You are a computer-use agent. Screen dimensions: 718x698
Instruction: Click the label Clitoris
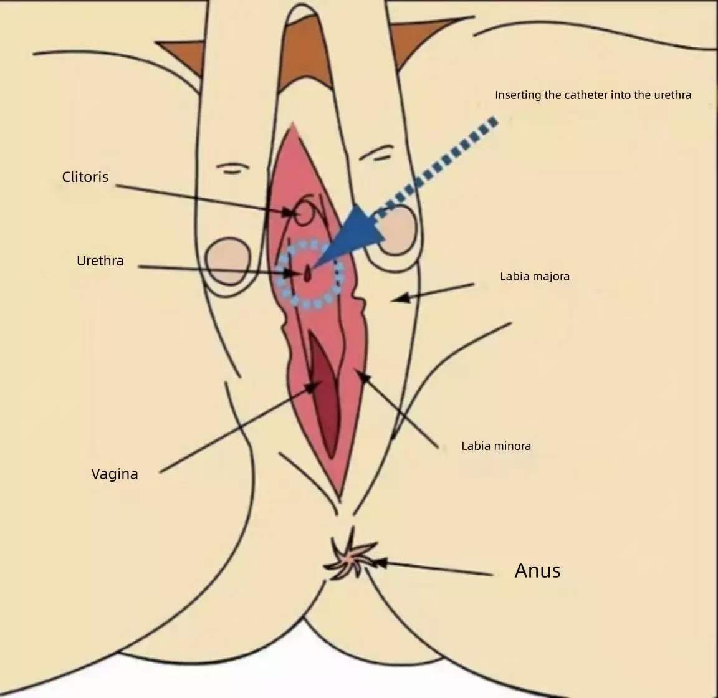[85, 177]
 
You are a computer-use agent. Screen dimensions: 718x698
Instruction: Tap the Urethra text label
[100, 261]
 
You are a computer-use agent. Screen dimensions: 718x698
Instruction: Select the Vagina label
[115, 474]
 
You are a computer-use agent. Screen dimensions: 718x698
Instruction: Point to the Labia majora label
[535, 277]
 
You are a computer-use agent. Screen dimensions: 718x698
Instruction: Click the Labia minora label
[496, 446]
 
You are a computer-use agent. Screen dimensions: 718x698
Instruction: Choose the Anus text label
[538, 571]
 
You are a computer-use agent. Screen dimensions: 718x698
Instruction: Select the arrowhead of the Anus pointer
[380, 563]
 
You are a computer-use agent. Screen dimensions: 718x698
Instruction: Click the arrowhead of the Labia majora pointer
[400, 298]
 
